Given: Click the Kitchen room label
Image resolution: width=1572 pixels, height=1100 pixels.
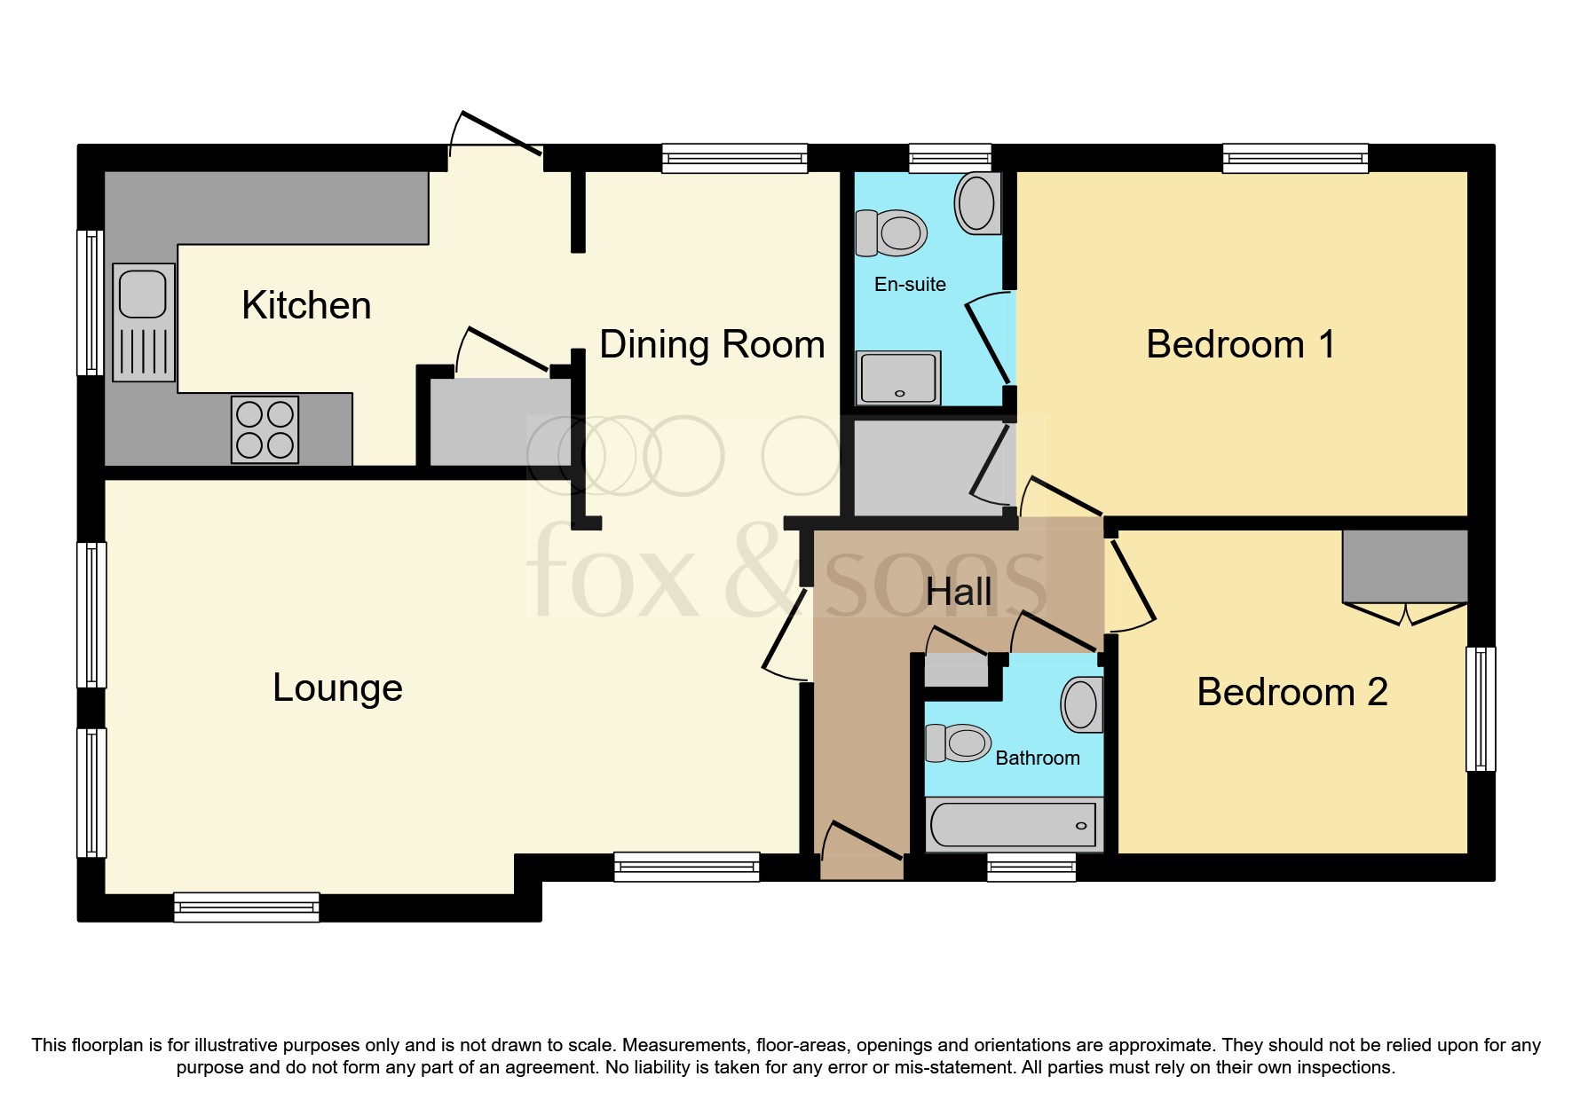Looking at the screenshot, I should click(x=306, y=306).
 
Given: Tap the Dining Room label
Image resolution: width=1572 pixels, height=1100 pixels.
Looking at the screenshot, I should click(x=712, y=345).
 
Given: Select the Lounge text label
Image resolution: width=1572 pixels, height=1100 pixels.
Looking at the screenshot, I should click(x=337, y=688).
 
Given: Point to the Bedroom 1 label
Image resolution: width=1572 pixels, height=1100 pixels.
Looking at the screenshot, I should click(x=1240, y=345).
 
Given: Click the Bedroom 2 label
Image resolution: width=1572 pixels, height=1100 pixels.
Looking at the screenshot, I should click(x=1292, y=693).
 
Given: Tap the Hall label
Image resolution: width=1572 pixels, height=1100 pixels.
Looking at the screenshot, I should click(x=959, y=593).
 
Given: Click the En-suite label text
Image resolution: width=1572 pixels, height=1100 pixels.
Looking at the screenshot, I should click(x=910, y=285).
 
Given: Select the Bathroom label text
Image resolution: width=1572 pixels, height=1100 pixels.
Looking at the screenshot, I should click(x=1037, y=758).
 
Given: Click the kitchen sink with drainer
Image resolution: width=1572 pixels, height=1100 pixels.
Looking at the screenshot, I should click(x=144, y=322).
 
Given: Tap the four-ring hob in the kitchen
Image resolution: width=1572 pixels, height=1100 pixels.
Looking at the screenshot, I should click(x=265, y=429).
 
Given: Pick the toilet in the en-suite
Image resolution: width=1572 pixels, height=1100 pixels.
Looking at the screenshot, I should click(x=891, y=233).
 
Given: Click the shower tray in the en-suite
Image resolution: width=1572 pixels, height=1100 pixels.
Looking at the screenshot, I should click(x=897, y=378).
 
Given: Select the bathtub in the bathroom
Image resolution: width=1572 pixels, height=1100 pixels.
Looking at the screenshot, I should click(x=1013, y=825).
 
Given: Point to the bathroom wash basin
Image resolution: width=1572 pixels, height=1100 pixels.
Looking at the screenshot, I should click(x=1081, y=704).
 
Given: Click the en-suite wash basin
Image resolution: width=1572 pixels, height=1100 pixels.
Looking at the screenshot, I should click(x=977, y=202).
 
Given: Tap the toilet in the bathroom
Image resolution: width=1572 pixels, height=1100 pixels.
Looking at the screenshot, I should click(x=959, y=742).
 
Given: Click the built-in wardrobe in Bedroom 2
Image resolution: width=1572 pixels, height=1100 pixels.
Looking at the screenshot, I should click(x=1404, y=567).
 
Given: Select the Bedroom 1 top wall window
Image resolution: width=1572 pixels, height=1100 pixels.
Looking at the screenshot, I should click(x=1295, y=159).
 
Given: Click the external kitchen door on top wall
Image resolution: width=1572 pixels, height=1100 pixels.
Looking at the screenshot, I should click(x=495, y=142).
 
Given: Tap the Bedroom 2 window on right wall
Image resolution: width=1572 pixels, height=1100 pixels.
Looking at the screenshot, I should click(x=1480, y=709).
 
